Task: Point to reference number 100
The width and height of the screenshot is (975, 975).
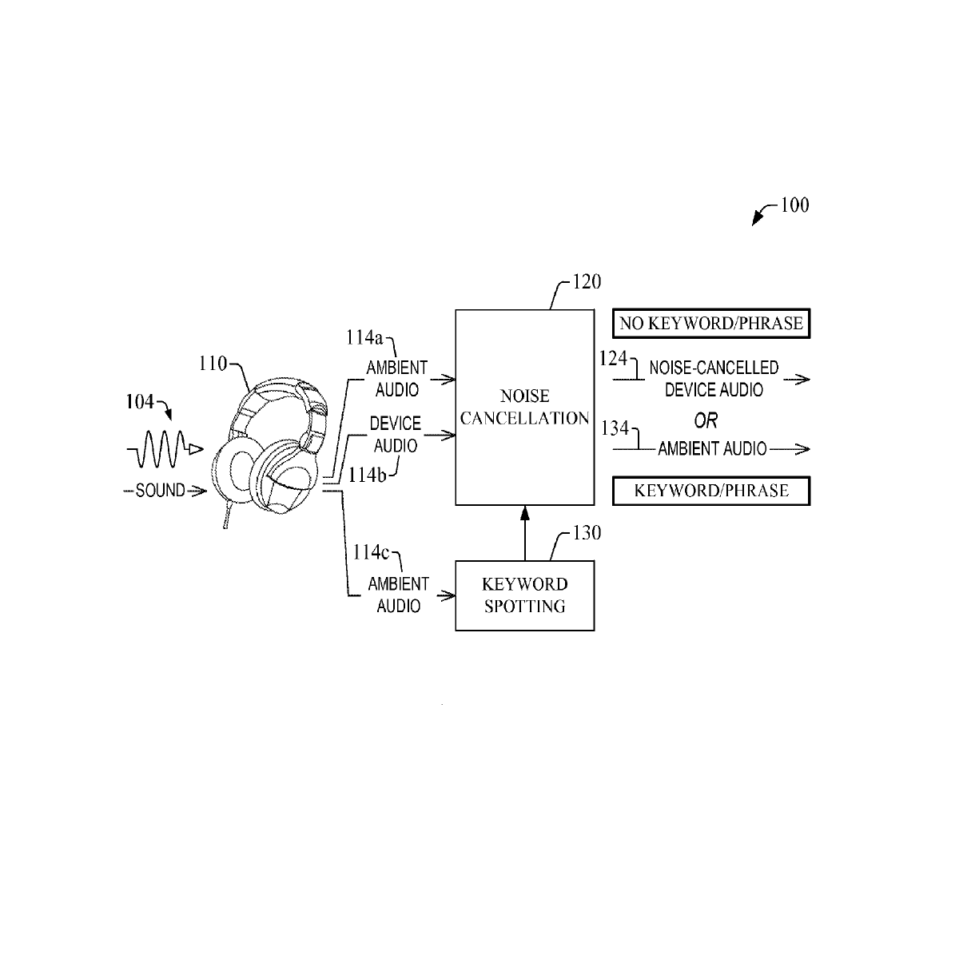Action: [x=795, y=205]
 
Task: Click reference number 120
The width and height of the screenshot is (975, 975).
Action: [x=587, y=282]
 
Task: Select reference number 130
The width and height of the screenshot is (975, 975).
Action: [x=587, y=533]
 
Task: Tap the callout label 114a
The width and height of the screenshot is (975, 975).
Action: [x=364, y=337]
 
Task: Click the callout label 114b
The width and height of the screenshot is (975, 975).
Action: [x=368, y=475]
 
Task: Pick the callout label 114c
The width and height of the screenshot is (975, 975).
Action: [x=371, y=552]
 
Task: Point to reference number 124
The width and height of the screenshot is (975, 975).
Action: [x=613, y=359]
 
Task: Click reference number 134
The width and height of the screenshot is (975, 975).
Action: [x=615, y=428]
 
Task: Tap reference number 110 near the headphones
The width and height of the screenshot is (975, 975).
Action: [x=213, y=364]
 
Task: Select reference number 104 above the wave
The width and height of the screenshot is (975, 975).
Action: [x=140, y=402]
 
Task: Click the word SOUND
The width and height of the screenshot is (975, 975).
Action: [x=161, y=490]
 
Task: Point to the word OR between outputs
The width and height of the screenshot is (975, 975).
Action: [x=706, y=420]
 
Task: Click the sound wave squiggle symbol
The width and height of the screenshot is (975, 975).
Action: [x=165, y=449]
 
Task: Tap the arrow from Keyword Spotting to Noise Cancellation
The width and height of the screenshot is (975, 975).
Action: [x=525, y=533]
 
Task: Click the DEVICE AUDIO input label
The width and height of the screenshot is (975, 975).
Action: [x=396, y=435]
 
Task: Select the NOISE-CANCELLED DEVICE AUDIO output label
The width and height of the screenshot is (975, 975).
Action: [x=714, y=379]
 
